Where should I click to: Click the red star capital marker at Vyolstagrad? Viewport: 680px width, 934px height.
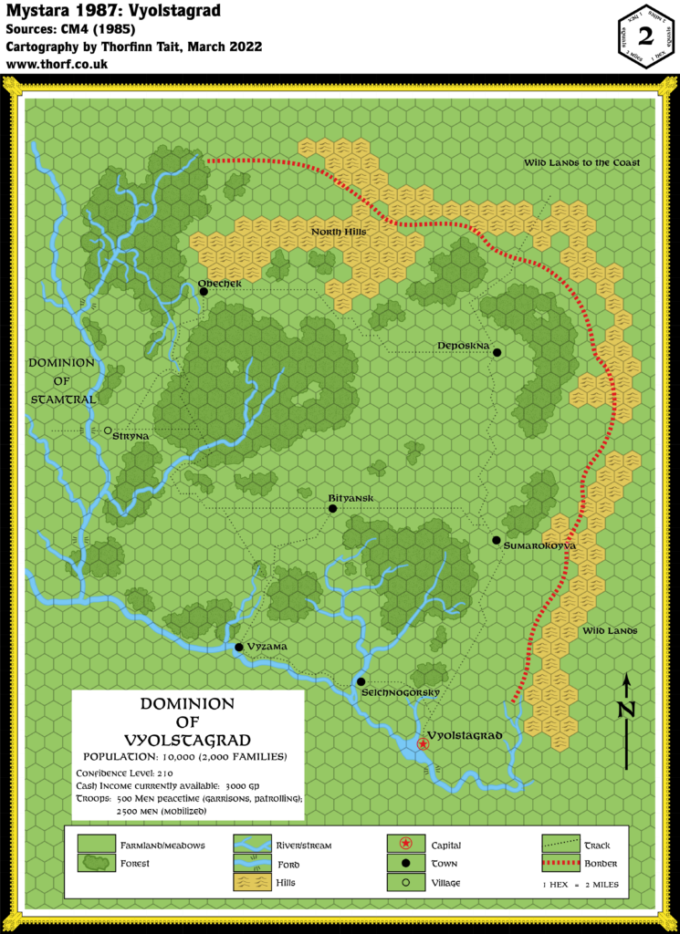[x=423, y=744]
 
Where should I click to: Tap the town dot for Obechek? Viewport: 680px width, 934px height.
[x=204, y=292]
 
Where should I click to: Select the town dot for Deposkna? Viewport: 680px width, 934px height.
[x=497, y=351]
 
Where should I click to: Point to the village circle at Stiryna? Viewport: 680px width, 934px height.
[x=108, y=431]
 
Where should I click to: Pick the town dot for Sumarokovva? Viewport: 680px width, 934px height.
[x=495, y=540]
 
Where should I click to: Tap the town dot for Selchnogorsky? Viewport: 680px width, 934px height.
[x=361, y=681]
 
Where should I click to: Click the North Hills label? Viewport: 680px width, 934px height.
[x=339, y=232]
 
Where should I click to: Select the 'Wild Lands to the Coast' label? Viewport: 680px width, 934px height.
[x=581, y=162]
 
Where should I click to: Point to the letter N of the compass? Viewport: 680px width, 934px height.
[x=625, y=709]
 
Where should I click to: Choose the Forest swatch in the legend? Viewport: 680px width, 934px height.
[x=96, y=863]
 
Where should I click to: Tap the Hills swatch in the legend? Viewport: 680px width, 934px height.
[x=251, y=882]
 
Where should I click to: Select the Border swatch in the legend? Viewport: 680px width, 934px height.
[x=560, y=863]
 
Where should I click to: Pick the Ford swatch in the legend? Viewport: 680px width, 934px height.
[x=251, y=863]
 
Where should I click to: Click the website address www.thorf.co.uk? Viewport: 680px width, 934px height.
[x=57, y=65]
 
